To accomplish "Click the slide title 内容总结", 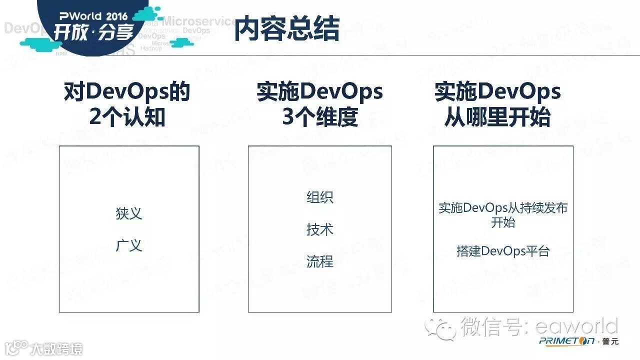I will [287, 28].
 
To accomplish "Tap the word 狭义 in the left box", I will [129, 213].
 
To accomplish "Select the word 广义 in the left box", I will [129, 245].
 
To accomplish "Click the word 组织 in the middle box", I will [319, 197].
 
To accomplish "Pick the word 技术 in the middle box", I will [319, 229].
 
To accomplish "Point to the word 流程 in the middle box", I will [319, 261].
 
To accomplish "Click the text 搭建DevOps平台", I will [502, 251].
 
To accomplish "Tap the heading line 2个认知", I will [127, 117].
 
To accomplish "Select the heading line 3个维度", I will [320, 117].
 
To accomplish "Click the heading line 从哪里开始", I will [497, 117].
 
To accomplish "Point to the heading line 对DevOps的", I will [127, 92].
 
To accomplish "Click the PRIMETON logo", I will [566, 341].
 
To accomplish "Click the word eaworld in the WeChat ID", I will [576, 327].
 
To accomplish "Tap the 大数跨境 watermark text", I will [56, 349].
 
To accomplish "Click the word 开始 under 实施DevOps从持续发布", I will [502, 222].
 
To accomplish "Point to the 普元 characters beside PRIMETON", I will [610, 341].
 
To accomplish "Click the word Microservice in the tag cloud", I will [200, 21].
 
